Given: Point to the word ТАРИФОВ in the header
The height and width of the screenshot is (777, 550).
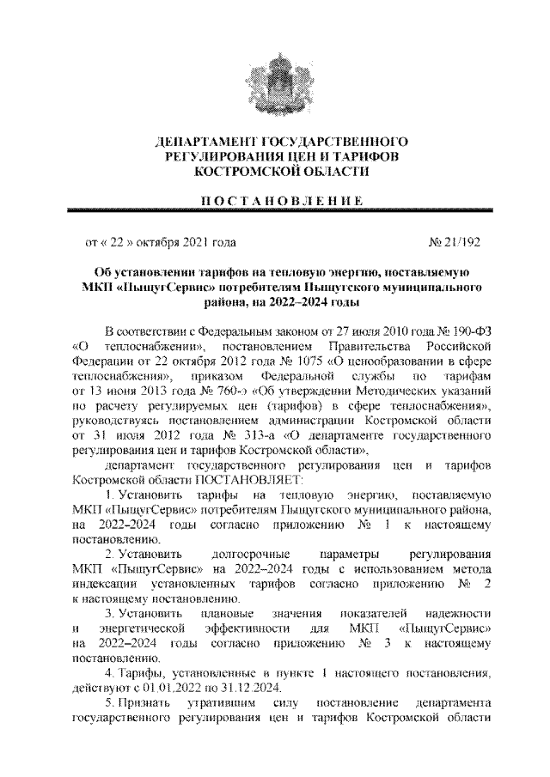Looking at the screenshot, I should pyautogui.click(x=361, y=155).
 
